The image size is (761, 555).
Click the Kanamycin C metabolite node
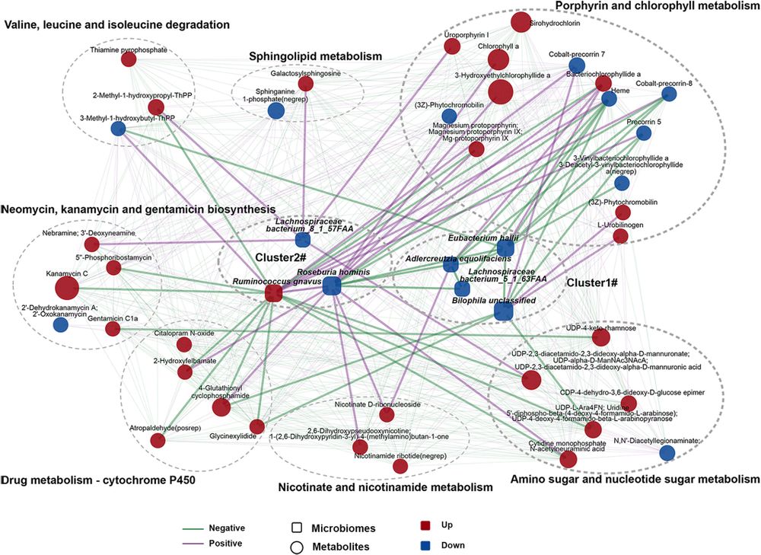pyautogui.click(x=67, y=289)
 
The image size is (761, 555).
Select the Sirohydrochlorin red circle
pyautogui.click(x=520, y=22)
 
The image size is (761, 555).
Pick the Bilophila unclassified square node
pyautogui.click(x=503, y=311)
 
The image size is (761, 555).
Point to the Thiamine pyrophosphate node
pyautogui.click(x=129, y=59)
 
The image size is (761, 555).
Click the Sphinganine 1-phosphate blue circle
pyautogui.click(x=276, y=111)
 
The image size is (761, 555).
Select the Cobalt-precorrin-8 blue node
pyautogui.click(x=669, y=94)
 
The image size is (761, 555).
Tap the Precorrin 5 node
pyautogui.click(x=644, y=133)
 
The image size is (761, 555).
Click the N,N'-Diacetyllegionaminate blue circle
pyautogui.click(x=667, y=453)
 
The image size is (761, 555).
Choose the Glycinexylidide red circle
pyautogui.click(x=256, y=426)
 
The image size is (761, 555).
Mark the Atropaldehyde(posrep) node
pyautogui.click(x=158, y=440)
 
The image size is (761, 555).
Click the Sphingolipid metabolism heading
pyautogui.click(x=315, y=56)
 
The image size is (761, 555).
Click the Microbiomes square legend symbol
pyautogui.click(x=298, y=527)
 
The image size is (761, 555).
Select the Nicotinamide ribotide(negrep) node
pyautogui.click(x=400, y=466)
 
